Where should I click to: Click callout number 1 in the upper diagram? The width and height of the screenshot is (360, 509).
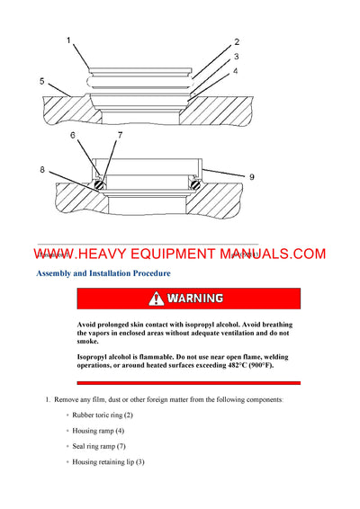[x=68, y=40]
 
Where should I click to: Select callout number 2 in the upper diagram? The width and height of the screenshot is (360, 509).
[x=237, y=41]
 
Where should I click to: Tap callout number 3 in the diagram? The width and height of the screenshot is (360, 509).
[x=237, y=56]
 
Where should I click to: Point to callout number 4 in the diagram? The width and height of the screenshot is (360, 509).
[x=237, y=70]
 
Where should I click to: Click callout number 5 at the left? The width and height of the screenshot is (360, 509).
[x=42, y=81]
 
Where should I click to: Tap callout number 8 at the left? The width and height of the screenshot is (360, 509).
[x=42, y=168]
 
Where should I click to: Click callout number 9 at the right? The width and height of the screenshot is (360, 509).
[x=251, y=177]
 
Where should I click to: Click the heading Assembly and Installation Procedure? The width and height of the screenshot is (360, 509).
[x=103, y=272]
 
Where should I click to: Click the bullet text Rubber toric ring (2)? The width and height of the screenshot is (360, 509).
[x=103, y=415]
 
